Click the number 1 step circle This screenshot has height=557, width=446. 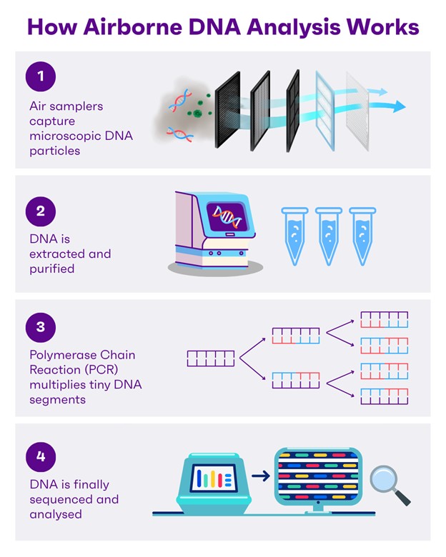tap(41, 76)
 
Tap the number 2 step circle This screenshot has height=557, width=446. tap(41, 211)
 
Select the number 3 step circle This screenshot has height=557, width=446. tap(41, 327)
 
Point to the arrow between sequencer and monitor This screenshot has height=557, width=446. tap(261, 475)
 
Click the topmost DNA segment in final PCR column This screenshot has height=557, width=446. tap(384, 318)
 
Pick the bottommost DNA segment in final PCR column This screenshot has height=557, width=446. tap(384, 396)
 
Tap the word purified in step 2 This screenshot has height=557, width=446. tap(53, 268)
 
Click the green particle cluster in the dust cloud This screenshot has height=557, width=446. tap(194, 111)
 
